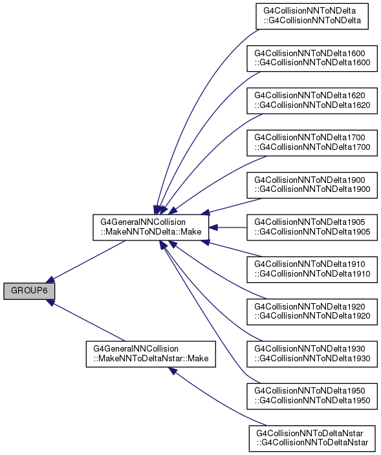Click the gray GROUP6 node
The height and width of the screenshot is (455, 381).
(x=29, y=290)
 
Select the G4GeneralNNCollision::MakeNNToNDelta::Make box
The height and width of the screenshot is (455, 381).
(x=151, y=228)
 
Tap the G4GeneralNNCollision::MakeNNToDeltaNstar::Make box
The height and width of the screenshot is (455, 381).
(x=151, y=354)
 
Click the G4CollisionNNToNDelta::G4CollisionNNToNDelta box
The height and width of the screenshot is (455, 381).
(x=312, y=16)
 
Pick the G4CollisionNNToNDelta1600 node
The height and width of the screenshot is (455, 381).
(x=312, y=58)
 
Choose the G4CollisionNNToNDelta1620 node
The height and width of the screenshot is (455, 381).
(x=312, y=101)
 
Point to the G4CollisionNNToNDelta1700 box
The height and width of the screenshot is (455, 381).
(x=312, y=143)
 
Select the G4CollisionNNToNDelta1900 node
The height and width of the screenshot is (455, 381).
(x=312, y=185)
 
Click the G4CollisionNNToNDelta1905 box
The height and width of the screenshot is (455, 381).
(x=312, y=228)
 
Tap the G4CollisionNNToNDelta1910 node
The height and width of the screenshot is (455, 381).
(x=312, y=270)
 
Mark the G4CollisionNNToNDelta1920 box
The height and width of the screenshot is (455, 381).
(x=312, y=312)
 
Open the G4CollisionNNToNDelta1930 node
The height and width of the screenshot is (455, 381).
(x=312, y=354)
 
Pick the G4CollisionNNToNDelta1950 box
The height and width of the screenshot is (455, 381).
(x=312, y=396)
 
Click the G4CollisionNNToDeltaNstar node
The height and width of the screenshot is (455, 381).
(x=312, y=438)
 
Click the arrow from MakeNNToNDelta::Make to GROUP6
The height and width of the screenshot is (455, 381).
(x=86, y=261)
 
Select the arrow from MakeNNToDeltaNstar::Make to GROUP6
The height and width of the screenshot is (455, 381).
(x=86, y=321)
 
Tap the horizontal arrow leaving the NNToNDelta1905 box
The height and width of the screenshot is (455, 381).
(x=228, y=228)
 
